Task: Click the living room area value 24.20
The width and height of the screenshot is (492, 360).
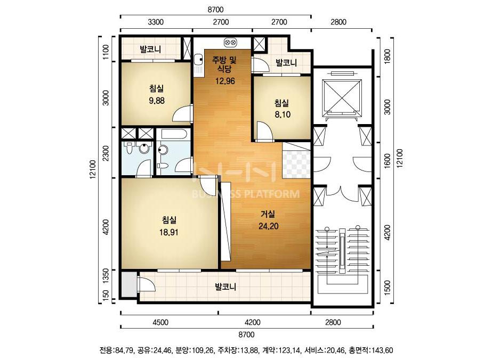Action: point(269,226)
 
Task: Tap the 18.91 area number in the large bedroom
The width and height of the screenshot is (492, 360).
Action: point(169,232)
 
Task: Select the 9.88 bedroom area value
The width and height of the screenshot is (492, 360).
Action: point(157,101)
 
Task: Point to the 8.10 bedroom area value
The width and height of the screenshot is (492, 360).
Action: point(283,115)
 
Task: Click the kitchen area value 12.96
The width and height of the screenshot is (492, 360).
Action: point(225,81)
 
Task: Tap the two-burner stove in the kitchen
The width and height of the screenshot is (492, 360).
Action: point(231,42)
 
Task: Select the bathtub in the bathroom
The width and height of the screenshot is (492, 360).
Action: point(173,134)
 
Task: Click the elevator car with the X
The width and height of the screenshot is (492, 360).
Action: point(342,96)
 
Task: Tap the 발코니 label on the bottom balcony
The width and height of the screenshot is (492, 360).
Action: point(225,287)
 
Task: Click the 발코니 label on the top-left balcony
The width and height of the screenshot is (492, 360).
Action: point(150,49)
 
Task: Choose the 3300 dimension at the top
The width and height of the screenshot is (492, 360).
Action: point(156,22)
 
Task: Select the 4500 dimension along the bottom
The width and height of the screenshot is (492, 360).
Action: point(160,322)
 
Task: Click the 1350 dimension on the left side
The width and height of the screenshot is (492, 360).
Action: point(106,276)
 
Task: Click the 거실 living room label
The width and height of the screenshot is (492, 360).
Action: point(268,215)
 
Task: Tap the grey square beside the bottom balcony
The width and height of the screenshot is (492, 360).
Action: point(129,284)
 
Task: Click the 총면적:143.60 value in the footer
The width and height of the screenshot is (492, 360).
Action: point(373,350)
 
